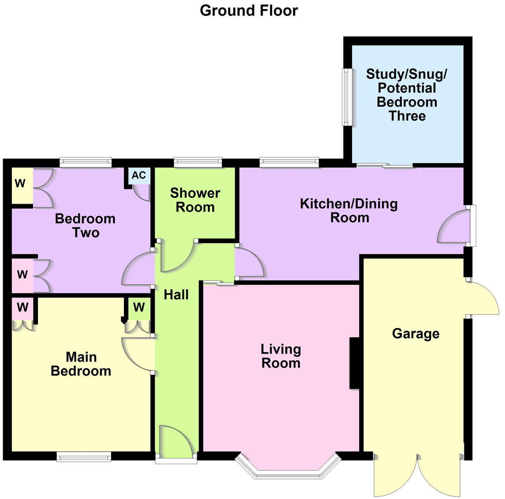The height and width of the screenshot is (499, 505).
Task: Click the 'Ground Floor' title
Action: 249,11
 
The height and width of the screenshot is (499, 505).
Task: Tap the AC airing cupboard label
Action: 138,175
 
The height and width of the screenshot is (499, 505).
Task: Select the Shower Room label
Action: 195,200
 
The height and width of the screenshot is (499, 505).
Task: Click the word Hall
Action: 176,294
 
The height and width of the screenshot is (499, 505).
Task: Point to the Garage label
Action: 415,334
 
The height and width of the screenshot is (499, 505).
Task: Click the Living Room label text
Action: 281,356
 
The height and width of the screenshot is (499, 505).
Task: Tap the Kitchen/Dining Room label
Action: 349,211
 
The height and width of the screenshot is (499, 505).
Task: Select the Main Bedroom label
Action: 81,364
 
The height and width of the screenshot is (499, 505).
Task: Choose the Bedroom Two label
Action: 85,225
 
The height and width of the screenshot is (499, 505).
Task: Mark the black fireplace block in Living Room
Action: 355,363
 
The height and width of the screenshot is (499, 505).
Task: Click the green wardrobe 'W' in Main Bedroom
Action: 139,307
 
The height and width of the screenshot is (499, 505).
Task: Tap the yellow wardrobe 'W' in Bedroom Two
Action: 20,183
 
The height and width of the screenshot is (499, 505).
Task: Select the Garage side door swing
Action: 483,298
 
